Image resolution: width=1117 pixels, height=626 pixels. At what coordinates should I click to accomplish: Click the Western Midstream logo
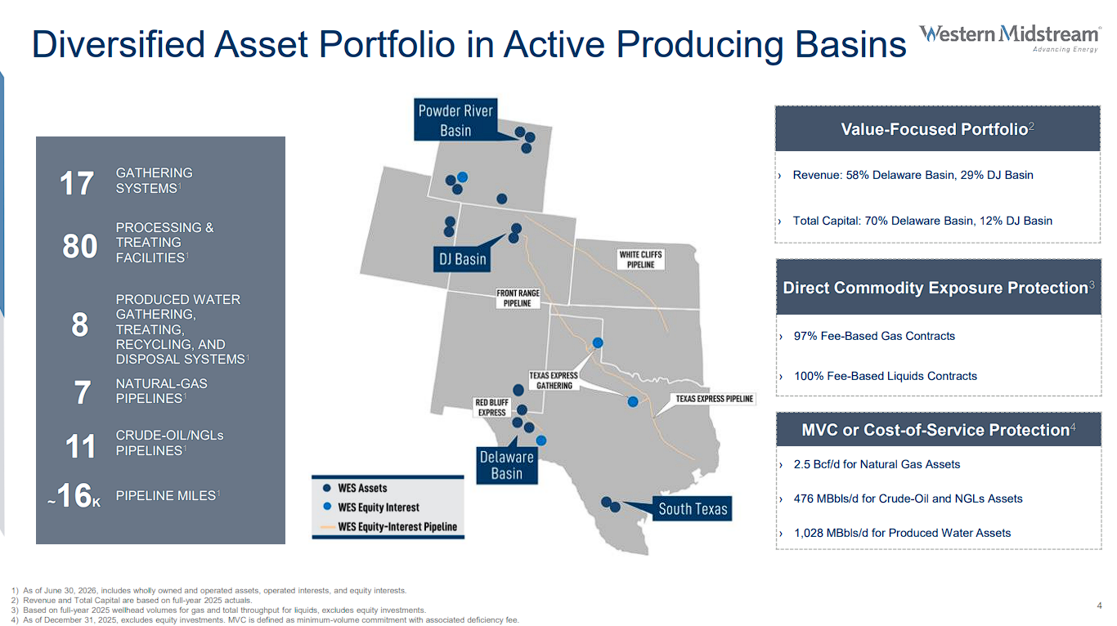pos(1010,38)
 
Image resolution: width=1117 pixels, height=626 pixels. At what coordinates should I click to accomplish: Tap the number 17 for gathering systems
pos(76,183)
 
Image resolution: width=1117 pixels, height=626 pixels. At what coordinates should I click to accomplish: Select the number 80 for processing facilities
pos(80,246)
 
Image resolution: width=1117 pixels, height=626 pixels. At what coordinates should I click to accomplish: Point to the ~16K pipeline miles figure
pos(74,495)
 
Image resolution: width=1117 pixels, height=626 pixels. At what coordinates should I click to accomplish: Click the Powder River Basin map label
pos(455,120)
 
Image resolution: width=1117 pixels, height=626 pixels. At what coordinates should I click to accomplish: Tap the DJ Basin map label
pos(462,259)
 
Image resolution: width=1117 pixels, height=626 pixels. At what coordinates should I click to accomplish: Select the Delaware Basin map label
pos(507,465)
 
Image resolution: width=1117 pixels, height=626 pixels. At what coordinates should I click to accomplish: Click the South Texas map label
pos(693,508)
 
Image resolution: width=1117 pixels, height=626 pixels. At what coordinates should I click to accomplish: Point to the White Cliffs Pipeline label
pos(641,259)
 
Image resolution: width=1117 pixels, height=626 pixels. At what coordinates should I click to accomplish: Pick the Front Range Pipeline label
pos(518,298)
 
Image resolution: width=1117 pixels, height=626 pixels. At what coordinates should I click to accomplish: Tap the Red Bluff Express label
pos(491,407)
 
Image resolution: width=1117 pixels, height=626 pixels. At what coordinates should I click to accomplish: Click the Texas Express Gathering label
pos(554,380)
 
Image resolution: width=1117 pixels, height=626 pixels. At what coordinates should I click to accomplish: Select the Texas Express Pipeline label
pos(714,399)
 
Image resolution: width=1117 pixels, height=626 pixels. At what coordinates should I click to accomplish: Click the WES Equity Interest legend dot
pos(327,507)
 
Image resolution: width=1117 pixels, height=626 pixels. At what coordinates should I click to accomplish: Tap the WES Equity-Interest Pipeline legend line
pos(328,527)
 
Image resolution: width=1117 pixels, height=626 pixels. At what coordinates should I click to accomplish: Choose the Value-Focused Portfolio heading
pos(937,129)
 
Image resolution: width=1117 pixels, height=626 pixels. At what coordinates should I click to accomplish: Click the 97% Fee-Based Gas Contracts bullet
pos(873,336)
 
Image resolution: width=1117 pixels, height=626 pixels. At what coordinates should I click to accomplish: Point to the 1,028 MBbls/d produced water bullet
pos(902,533)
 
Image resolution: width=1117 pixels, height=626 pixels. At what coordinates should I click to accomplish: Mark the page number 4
pos(1099,606)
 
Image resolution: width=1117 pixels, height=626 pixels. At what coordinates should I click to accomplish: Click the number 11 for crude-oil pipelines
pos(80,446)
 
